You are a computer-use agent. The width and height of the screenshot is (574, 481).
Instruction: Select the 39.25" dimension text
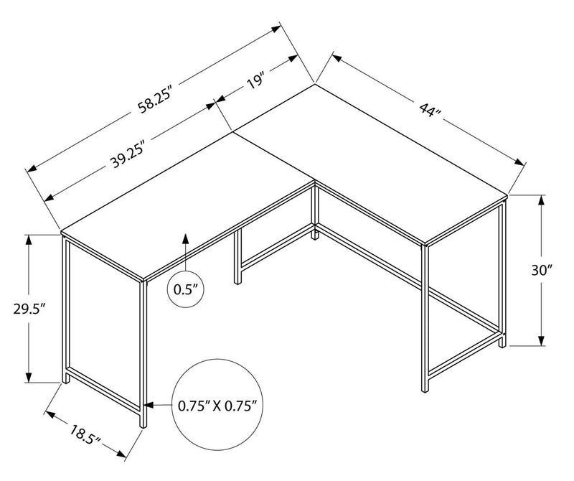(x=128, y=153)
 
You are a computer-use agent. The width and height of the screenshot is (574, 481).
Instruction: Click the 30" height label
(x=542, y=271)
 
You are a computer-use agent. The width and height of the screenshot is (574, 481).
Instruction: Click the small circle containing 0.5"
(x=186, y=290)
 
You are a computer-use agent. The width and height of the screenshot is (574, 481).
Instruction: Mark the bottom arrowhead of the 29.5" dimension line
(x=29, y=378)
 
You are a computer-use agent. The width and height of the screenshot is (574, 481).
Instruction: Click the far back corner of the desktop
(x=315, y=85)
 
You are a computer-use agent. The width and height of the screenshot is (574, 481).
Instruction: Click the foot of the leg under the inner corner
(x=315, y=235)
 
